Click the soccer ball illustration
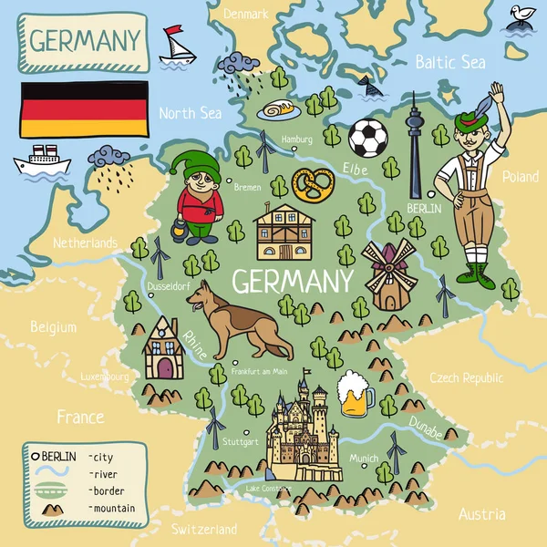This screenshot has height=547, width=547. point(368,138)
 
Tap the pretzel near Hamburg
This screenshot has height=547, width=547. point(313,185)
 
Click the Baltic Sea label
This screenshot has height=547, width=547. point(450,62)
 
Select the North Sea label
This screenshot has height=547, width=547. point(190,113)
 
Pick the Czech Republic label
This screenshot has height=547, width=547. point(467,377)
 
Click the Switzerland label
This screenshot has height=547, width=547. point(204,529)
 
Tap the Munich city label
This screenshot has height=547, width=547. point(364,458)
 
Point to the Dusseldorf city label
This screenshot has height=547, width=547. point(169,286)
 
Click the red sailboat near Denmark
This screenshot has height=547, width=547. point(176,46)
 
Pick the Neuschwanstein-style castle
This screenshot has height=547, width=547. point(304,434)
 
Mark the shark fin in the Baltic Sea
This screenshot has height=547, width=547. point(367,86)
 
